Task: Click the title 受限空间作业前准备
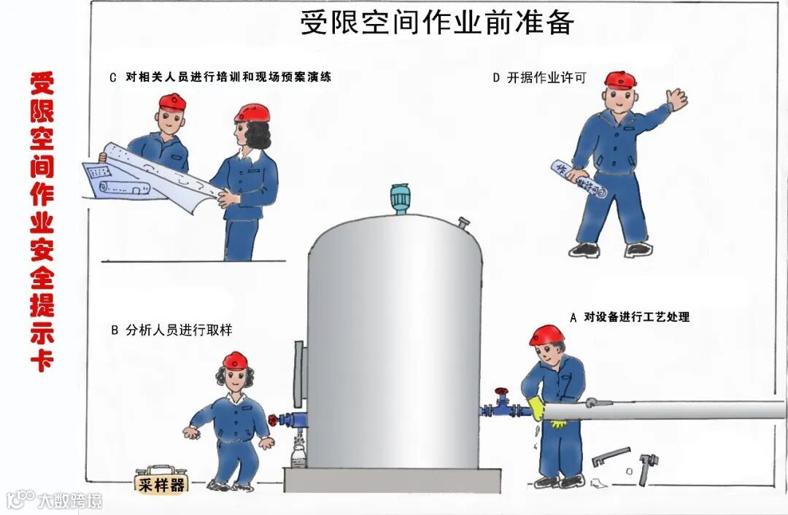pyautogui.click(x=437, y=22)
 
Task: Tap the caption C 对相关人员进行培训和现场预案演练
pyautogui.click(x=220, y=77)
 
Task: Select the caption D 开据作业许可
pyautogui.click(x=539, y=77)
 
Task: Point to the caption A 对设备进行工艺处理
pyautogui.click(x=630, y=317)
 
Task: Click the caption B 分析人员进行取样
pyautogui.click(x=171, y=330)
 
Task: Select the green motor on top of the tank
pyautogui.click(x=400, y=199)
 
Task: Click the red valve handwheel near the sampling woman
pyautogui.click(x=273, y=420)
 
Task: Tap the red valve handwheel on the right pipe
pyautogui.click(x=501, y=392)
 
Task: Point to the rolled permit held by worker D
pyautogui.click(x=579, y=179)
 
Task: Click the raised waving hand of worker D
pyautogui.click(x=676, y=100)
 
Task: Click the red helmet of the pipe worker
pyautogui.click(x=546, y=335)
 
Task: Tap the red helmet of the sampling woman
pyautogui.click(x=235, y=361)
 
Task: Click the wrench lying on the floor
pyautogui.click(x=610, y=456)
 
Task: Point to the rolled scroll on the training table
pyautogui.click(x=124, y=188)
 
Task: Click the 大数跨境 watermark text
pyautogui.click(x=70, y=500)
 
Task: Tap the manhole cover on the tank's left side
pyautogui.click(x=300, y=373)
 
